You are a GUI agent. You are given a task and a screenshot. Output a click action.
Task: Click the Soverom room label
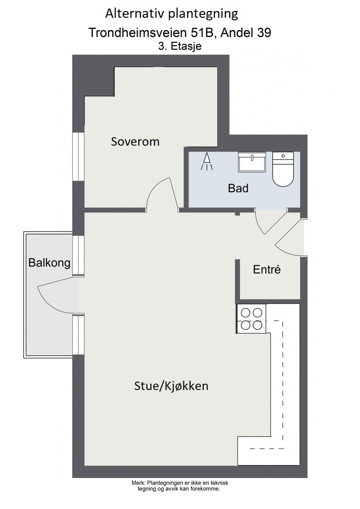coord(135,141)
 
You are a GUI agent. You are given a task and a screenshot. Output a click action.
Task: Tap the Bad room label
coord(238,188)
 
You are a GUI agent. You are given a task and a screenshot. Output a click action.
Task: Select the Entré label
coord(267,270)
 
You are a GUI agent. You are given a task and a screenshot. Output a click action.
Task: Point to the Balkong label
coord(49,263)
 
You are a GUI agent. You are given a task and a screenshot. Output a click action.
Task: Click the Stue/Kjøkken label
coord(171,386)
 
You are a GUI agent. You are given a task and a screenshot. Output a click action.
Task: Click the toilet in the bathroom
coord(282,170)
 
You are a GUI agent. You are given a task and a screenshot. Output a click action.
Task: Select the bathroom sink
coord(252,163)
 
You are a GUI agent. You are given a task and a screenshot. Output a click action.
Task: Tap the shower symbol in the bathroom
coord(207,162)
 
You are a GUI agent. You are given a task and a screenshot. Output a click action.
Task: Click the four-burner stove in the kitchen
coord(251,319)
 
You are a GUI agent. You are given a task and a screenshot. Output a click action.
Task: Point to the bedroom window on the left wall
coord(78,157)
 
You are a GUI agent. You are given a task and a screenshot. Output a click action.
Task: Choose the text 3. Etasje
coord(180,47)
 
